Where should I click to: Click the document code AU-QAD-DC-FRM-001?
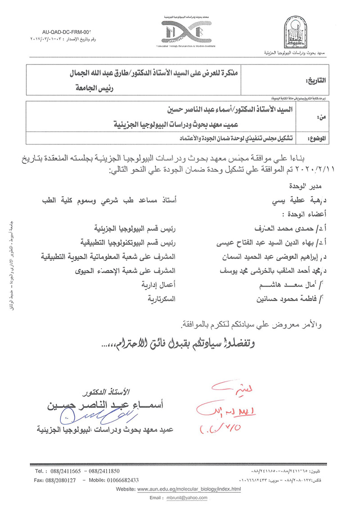click(x=66, y=33)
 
